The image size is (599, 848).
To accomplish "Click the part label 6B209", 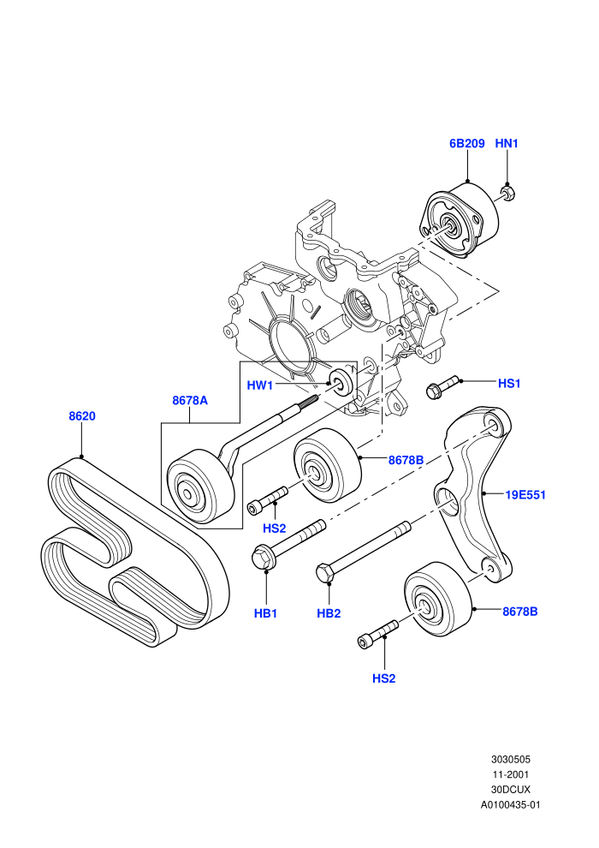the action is point(466,143).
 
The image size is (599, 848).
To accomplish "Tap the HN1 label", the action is point(507,143).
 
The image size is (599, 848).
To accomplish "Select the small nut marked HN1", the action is point(507,193).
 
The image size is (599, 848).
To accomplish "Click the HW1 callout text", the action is point(259,385).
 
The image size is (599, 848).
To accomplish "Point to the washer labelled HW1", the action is point(341,382).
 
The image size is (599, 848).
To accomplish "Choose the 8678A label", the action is point(190,400).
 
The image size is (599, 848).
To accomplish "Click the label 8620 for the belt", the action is point(82,416).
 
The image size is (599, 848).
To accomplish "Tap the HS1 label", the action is point(509,384).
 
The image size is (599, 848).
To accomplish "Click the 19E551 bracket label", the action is point(525,495).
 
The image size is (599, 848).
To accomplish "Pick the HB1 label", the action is point(266,613).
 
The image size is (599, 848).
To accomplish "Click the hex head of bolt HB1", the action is point(263,557).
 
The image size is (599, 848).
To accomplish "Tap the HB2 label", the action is point(329,613).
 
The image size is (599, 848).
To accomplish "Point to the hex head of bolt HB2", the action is point(325,573).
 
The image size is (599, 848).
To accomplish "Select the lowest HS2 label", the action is point(384,678).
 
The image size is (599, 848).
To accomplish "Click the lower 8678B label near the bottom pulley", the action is point(520,612).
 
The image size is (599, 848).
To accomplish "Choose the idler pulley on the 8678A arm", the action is point(200,487).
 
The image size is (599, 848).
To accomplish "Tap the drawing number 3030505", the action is point(510,759).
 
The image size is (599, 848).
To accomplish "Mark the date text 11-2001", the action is point(510,774).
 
